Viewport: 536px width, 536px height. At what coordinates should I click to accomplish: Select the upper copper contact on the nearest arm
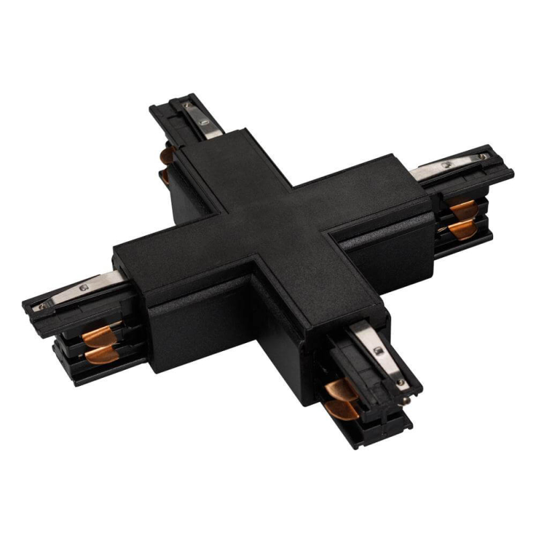click(342, 389)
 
